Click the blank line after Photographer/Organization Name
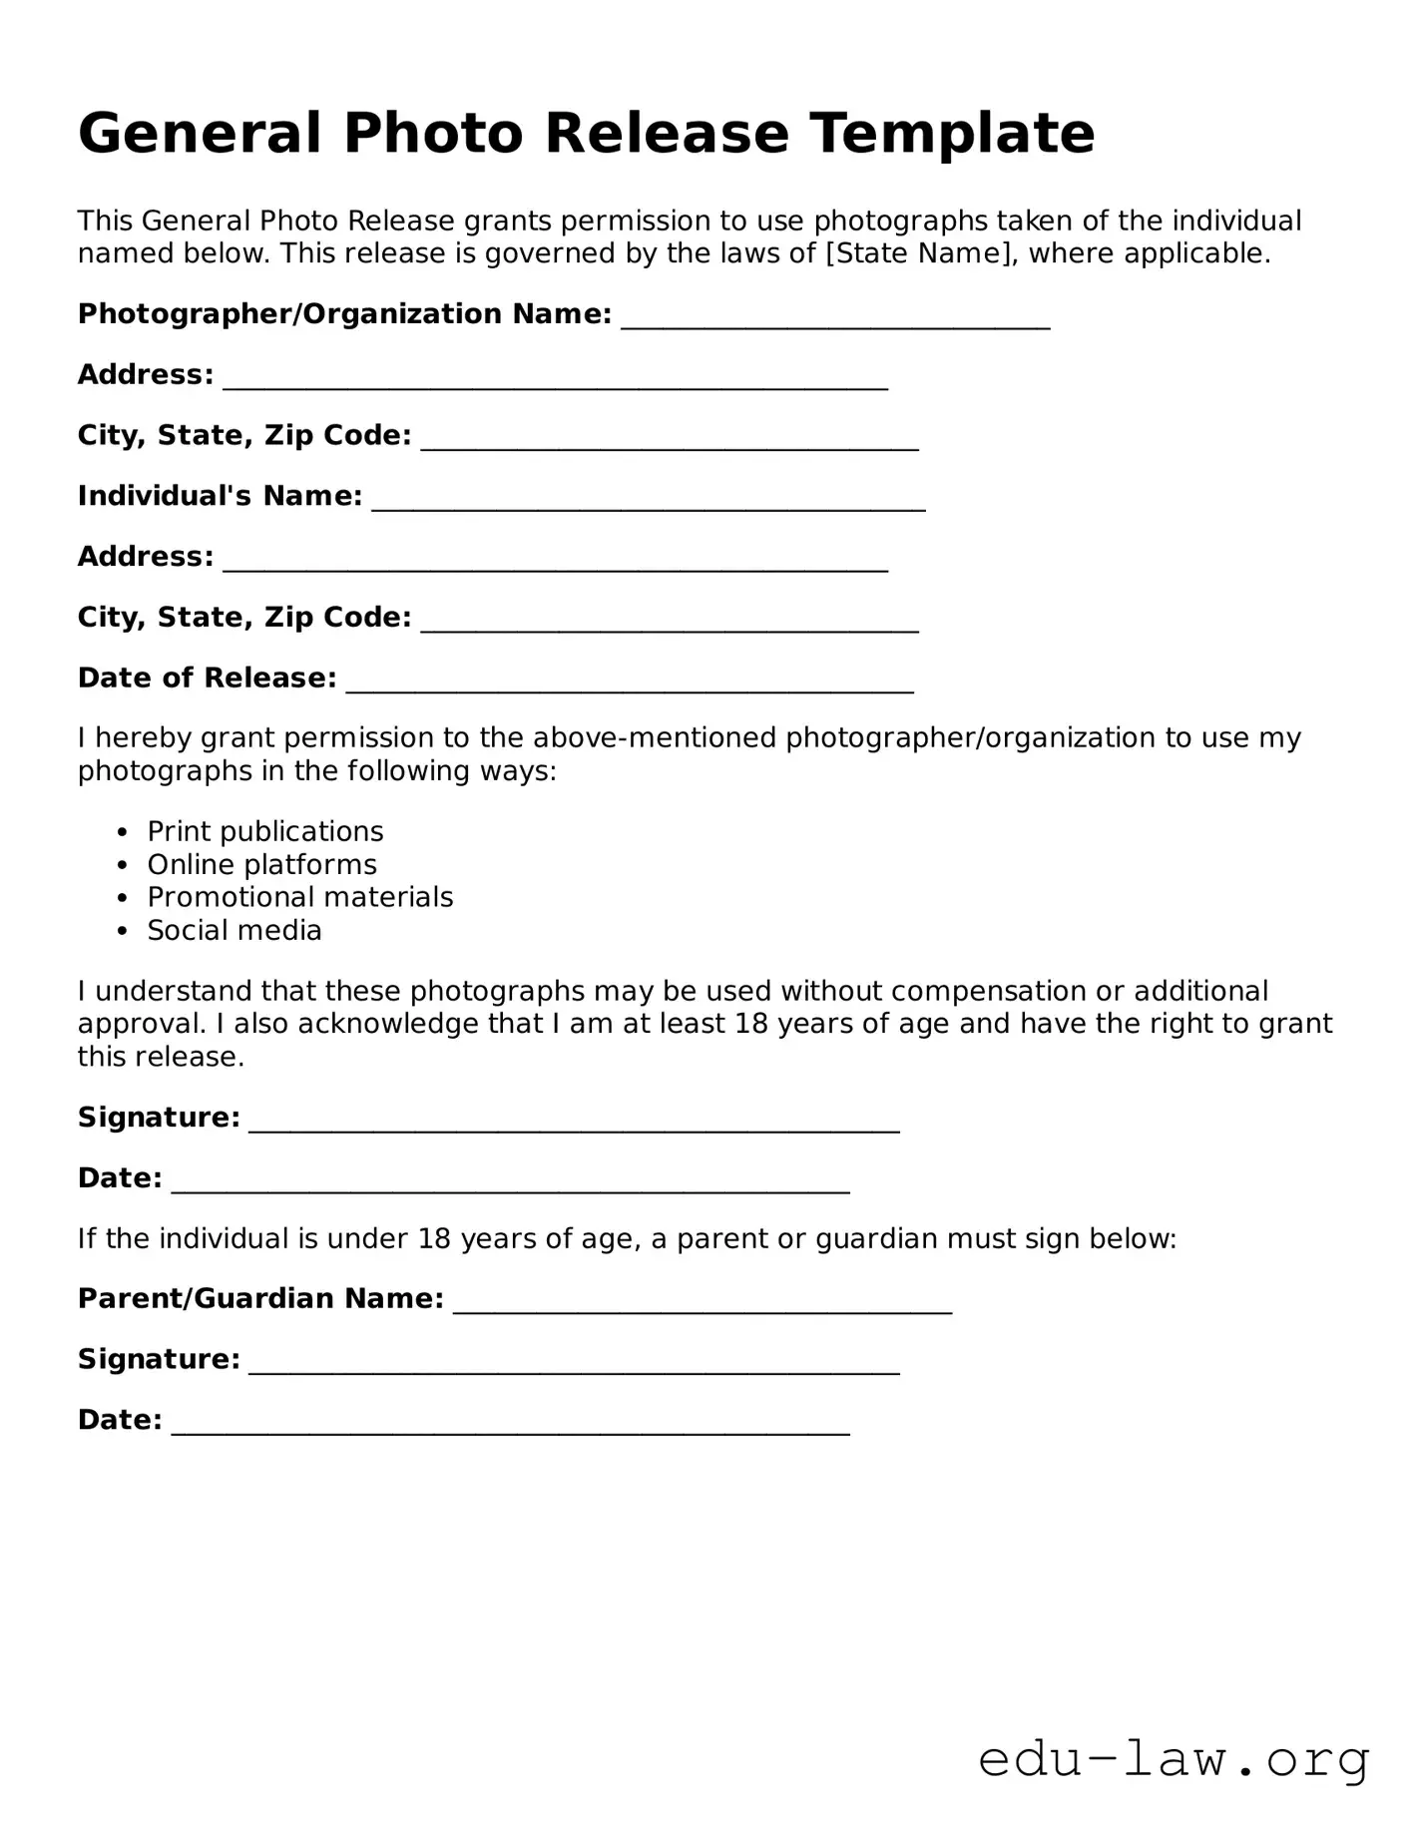point(835,318)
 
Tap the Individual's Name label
point(220,496)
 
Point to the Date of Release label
point(207,678)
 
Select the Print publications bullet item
point(264,832)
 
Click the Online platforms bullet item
point(261,865)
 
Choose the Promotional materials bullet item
point(299,898)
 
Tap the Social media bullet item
point(235,931)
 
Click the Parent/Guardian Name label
point(260,1299)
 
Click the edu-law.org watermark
point(1174,1760)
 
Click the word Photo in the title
point(433,134)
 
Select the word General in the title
point(200,134)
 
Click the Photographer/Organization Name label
point(344,314)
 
